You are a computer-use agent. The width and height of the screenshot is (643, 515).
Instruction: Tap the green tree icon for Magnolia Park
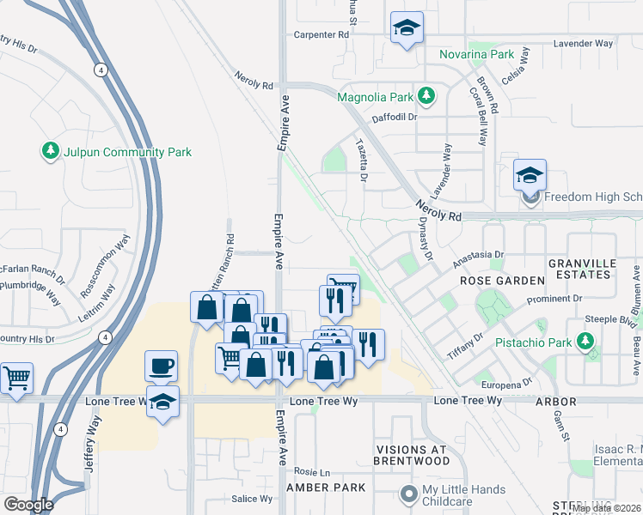(425, 95)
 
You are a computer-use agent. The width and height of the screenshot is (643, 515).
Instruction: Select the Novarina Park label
(476, 54)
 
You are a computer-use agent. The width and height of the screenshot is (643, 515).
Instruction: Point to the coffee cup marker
(162, 367)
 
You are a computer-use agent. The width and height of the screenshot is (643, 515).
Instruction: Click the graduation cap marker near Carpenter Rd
(407, 28)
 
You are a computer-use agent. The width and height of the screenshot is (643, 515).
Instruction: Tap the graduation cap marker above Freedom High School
(530, 176)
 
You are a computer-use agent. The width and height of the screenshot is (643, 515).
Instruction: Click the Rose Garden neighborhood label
(502, 281)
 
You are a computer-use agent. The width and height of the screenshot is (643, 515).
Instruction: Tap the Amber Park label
(326, 487)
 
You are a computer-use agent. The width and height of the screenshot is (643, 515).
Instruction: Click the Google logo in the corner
(28, 505)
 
